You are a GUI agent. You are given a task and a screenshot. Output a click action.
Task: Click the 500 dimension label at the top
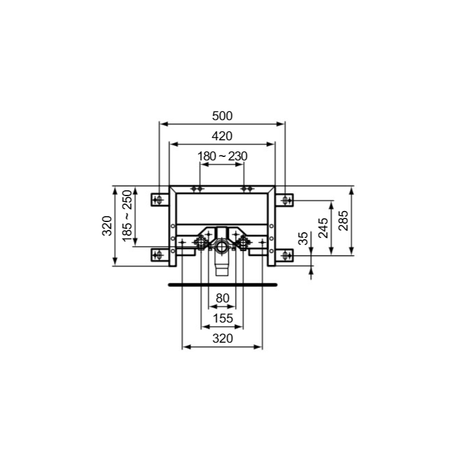pos(222,116)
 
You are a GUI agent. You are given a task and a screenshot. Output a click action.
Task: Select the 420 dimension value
pos(222,136)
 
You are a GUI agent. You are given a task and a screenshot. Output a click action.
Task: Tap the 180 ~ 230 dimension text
pos(222,156)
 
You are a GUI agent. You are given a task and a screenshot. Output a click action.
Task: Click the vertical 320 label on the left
pos(106,225)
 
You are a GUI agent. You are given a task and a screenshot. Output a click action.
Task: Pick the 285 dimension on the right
pos(343,220)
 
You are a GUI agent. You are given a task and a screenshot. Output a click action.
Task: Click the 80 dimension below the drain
pos(222,298)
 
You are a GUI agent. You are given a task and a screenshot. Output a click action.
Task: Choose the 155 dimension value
pos(222,319)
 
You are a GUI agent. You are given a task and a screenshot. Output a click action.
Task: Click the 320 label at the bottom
pos(222,339)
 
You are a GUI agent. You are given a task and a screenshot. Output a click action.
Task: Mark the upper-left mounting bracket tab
pos(158,200)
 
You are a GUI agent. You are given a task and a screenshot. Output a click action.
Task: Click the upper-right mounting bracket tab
pos(287,200)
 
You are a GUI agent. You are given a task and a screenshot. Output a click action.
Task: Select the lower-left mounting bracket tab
pos(158,254)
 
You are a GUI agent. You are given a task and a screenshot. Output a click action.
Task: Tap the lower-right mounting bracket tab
pos(287,254)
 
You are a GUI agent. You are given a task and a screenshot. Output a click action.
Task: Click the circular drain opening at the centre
pos(222,248)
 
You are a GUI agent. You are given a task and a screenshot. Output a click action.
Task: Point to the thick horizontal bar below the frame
pos(222,284)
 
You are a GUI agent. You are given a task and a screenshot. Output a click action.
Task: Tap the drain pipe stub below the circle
pos(222,266)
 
